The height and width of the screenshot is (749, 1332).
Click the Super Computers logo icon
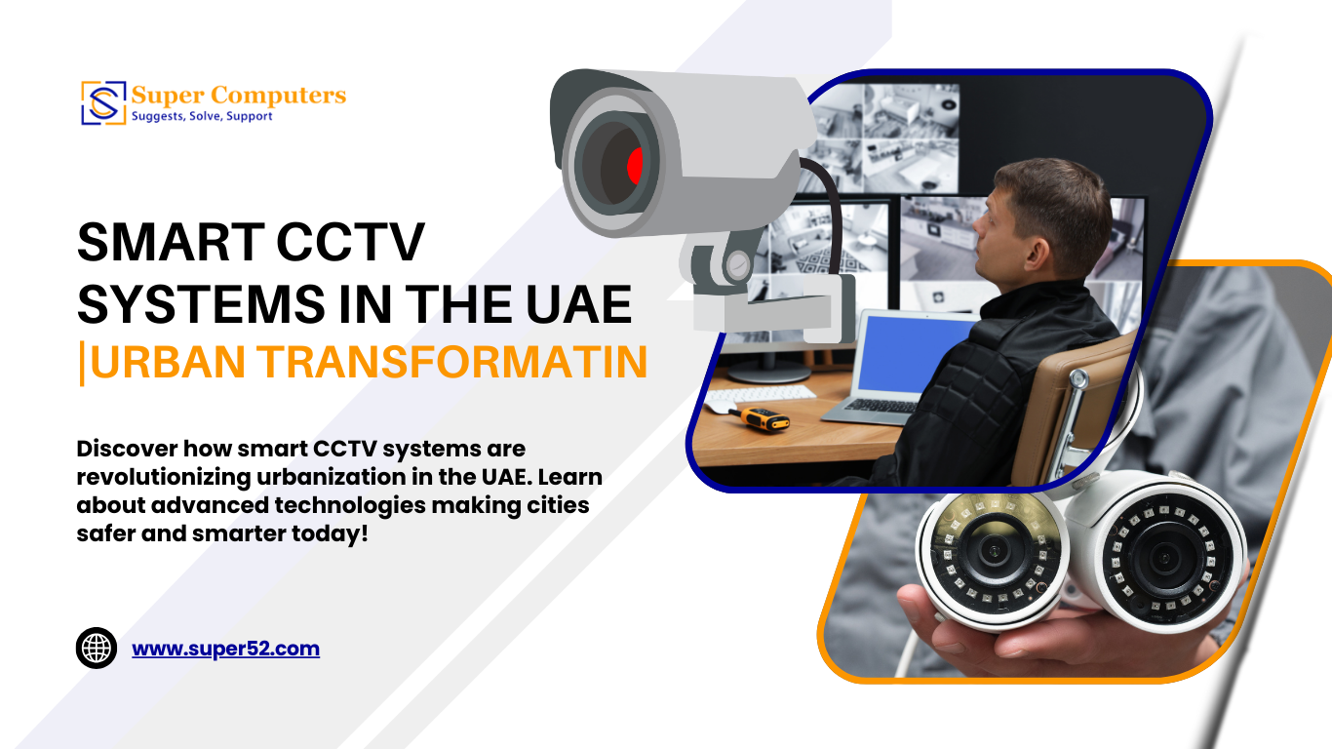point(103,103)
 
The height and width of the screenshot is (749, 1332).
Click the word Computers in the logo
point(278,96)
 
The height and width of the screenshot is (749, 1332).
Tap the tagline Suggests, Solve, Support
point(202,116)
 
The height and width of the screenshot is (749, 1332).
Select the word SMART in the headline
point(171,242)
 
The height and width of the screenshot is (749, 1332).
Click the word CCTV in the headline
point(350,242)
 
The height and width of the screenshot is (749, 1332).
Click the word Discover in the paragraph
point(127,449)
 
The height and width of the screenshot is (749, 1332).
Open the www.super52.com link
point(225,649)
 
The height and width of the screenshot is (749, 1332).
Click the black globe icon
point(97,648)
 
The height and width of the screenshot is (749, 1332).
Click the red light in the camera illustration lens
point(635,166)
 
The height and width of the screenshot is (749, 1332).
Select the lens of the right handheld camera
point(1162,559)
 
